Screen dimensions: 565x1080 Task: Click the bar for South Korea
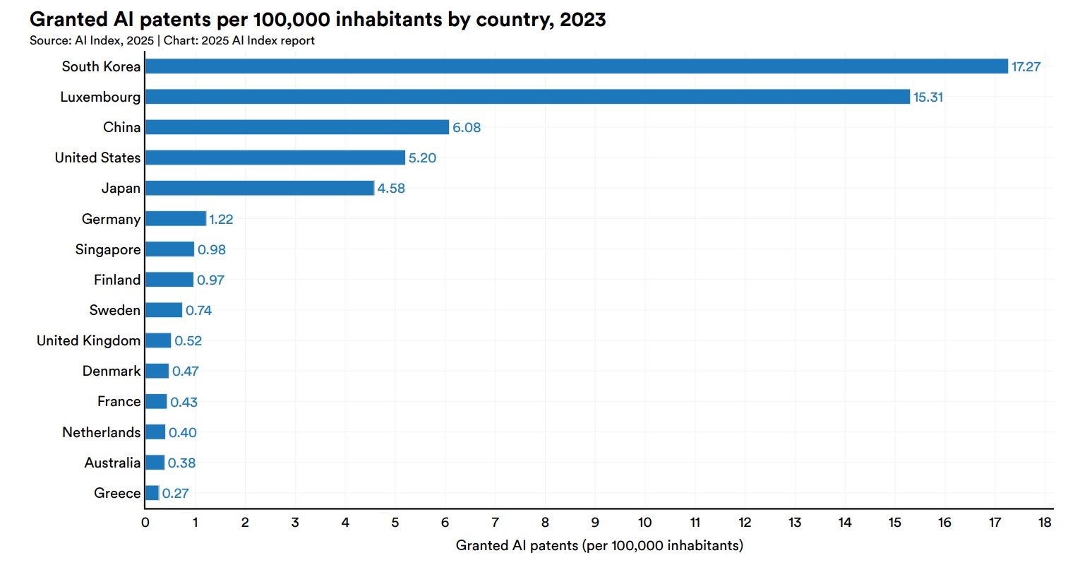pyautogui.click(x=576, y=66)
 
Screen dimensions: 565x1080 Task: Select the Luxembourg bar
pyautogui.click(x=527, y=97)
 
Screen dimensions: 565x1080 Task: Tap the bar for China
pyautogui.click(x=297, y=127)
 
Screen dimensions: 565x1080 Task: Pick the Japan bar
pyautogui.click(x=260, y=188)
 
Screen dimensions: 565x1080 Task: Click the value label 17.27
pyautogui.click(x=1026, y=67)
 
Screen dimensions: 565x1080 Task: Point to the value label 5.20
pyautogui.click(x=422, y=158)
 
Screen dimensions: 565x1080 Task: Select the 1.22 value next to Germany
pyautogui.click(x=221, y=220)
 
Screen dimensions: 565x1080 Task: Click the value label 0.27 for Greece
pyautogui.click(x=175, y=494)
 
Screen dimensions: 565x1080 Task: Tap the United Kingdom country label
pyautogui.click(x=88, y=340)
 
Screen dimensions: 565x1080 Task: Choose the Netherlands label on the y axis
pyautogui.click(x=101, y=432)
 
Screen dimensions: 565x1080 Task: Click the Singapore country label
pyautogui.click(x=108, y=249)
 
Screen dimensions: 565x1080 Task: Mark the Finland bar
pyautogui.click(x=169, y=280)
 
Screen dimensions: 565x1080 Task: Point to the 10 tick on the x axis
pyautogui.click(x=644, y=523)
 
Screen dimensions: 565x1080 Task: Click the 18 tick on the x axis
pyautogui.click(x=1045, y=523)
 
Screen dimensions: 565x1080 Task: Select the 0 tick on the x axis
pyautogui.click(x=145, y=523)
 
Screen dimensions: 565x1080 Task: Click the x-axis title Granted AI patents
pyautogui.click(x=599, y=545)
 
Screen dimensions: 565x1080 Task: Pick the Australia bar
pyautogui.click(x=155, y=463)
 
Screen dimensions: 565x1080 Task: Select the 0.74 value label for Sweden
pyautogui.click(x=198, y=311)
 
